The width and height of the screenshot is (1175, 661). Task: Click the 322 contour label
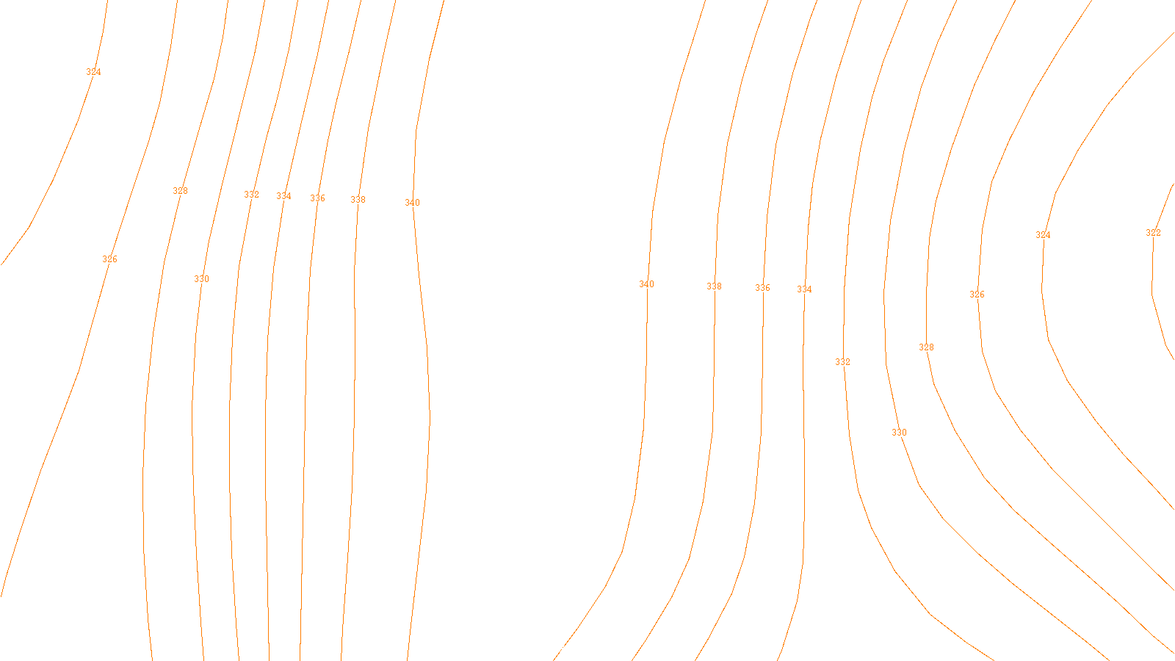pyautogui.click(x=1153, y=233)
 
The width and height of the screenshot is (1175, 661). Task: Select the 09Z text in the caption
pyautogui.click(x=557, y=649)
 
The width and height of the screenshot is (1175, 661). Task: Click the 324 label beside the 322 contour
pyautogui.click(x=1043, y=235)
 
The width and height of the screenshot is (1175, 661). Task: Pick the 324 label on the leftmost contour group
pyautogui.click(x=93, y=72)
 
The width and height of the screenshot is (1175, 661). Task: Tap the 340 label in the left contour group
pyautogui.click(x=412, y=203)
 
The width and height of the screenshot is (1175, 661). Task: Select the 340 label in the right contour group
pyautogui.click(x=646, y=284)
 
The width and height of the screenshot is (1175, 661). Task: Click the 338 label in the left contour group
pyautogui.click(x=358, y=200)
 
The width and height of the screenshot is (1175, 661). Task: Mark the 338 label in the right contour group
pyautogui.click(x=714, y=286)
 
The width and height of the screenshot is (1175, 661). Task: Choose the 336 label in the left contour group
pyautogui.click(x=317, y=198)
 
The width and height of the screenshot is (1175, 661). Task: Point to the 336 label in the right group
pyautogui.click(x=762, y=288)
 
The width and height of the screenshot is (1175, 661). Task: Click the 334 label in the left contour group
pyautogui.click(x=283, y=196)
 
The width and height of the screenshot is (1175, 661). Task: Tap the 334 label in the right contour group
pyautogui.click(x=804, y=289)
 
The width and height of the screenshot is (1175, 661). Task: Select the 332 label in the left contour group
pyautogui.click(x=251, y=195)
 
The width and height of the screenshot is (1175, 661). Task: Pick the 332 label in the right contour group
pyautogui.click(x=842, y=362)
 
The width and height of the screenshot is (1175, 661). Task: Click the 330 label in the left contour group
pyautogui.click(x=201, y=279)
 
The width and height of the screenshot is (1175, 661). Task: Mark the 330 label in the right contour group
pyautogui.click(x=899, y=433)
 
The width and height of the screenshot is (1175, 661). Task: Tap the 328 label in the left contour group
pyautogui.click(x=180, y=191)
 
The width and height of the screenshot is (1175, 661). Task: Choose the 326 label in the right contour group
pyautogui.click(x=977, y=295)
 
